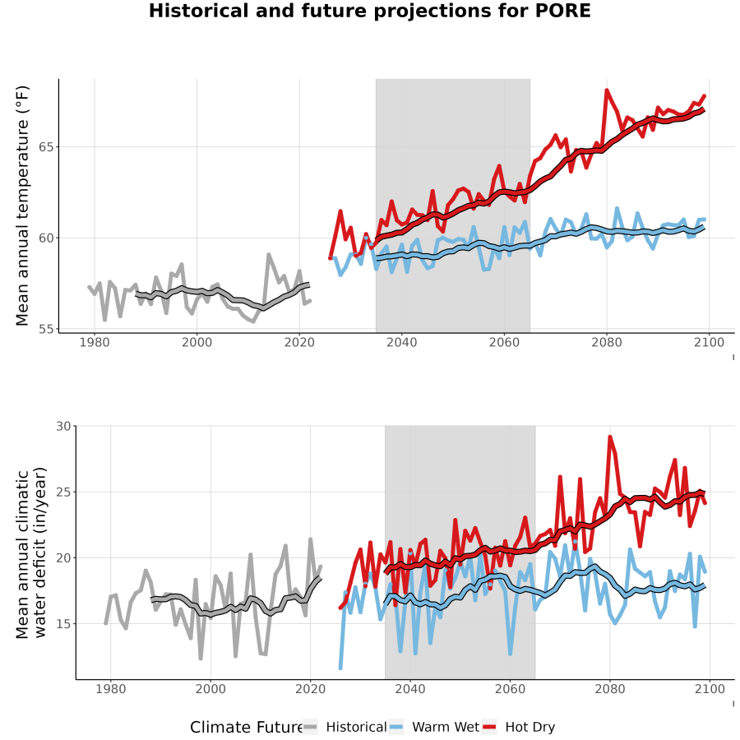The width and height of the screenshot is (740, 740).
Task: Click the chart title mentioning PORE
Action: pyautogui.click(x=369, y=11)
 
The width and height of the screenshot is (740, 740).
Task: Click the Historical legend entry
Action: pyautogui.click(x=345, y=727)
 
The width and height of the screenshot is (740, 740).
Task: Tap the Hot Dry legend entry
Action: pyautogui.click(x=519, y=727)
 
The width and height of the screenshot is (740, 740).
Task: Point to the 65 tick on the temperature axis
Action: pyautogui.click(x=46, y=147)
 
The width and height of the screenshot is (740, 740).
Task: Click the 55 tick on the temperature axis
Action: pyautogui.click(x=46, y=328)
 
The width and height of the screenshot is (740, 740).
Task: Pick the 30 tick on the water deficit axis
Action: pyautogui.click(x=63, y=426)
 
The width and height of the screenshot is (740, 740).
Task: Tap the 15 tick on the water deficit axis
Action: pyautogui.click(x=63, y=624)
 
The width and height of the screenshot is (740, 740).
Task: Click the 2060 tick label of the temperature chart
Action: pyautogui.click(x=504, y=342)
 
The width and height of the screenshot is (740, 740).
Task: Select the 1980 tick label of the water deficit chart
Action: pyautogui.click(x=111, y=689)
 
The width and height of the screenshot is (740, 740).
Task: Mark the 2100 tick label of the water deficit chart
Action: pyautogui.click(x=710, y=689)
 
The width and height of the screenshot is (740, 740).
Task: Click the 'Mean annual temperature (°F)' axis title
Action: pyautogui.click(x=22, y=206)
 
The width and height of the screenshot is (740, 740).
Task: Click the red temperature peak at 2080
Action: pyautogui.click(x=607, y=90)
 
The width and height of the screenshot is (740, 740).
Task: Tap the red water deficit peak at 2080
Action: pyautogui.click(x=610, y=437)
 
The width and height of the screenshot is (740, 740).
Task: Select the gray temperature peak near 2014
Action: pyautogui.click(x=269, y=255)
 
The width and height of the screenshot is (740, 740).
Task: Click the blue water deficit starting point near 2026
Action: pyautogui.click(x=340, y=668)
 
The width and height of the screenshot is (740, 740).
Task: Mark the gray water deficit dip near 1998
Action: pyautogui.click(x=201, y=659)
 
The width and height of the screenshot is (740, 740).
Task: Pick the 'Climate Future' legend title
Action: pyautogui.click(x=246, y=727)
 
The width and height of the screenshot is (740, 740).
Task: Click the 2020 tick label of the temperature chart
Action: pyautogui.click(x=299, y=342)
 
